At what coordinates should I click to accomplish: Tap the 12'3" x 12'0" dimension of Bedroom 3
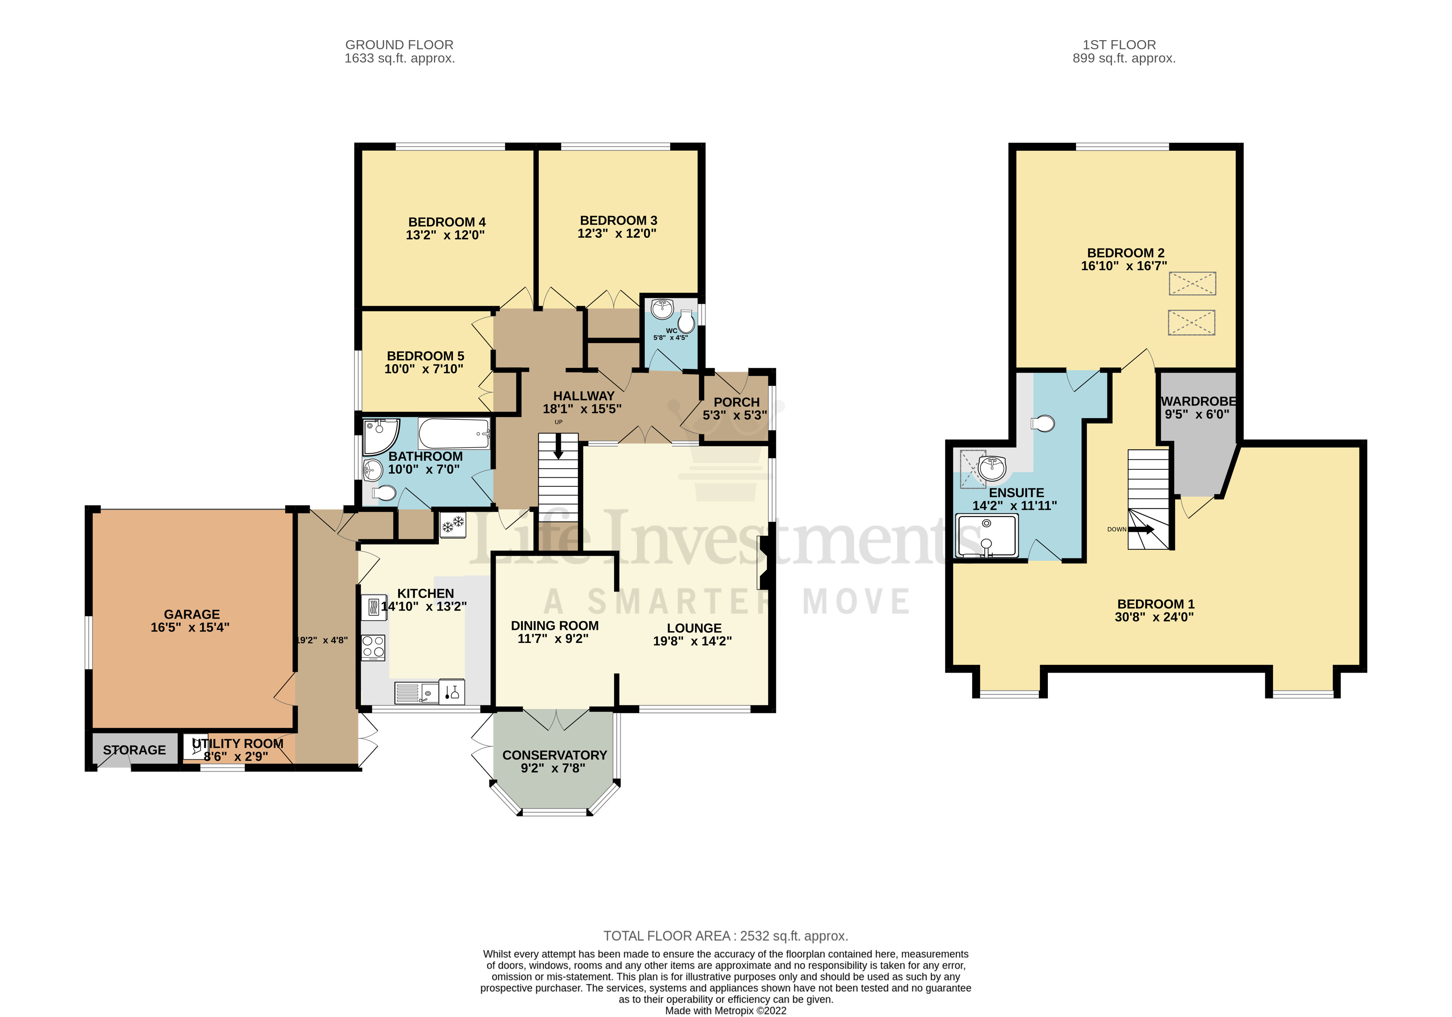pos(616,233)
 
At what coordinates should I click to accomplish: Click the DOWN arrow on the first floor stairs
pos(1141,529)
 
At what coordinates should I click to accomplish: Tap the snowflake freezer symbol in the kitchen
pos(452,524)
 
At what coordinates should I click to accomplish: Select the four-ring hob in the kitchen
pos(373,647)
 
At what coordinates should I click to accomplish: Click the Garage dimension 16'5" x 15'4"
pos(190,627)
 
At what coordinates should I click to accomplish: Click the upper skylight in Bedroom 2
pos(1192,283)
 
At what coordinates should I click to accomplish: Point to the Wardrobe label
pos(1198,402)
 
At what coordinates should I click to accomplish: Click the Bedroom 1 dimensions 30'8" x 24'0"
pos(1154,617)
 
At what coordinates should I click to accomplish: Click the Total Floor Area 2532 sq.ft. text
pos(725,935)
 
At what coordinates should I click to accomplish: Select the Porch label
pos(736,402)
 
